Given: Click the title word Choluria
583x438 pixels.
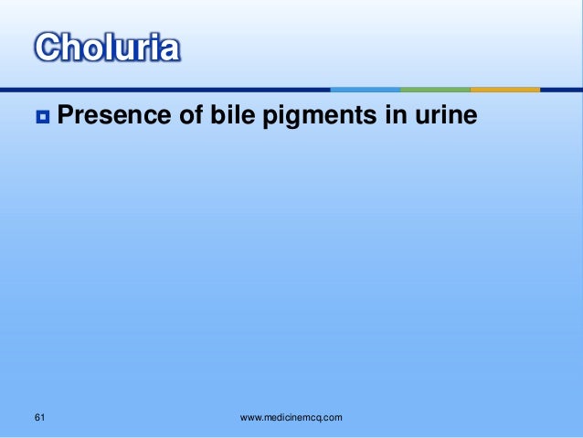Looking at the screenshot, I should pyautogui.click(x=107, y=48).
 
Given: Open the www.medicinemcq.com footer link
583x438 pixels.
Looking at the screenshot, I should pyautogui.click(x=291, y=418).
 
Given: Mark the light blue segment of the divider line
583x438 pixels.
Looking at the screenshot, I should pyautogui.click(x=366, y=90).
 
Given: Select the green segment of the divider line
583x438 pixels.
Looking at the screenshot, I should pyautogui.click(x=436, y=90).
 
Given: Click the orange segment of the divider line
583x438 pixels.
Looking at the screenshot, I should pyautogui.click(x=505, y=90).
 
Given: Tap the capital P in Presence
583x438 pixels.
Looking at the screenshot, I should pyautogui.click(x=67, y=116).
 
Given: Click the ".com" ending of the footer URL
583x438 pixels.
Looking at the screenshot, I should pyautogui.click(x=331, y=418).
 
